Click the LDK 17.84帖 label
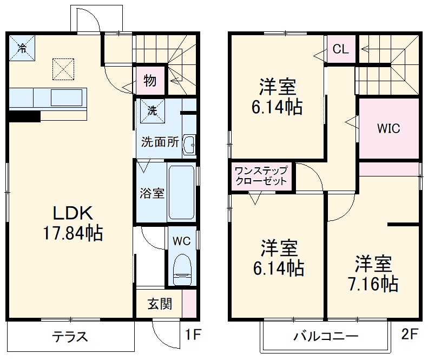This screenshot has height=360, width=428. (73, 222)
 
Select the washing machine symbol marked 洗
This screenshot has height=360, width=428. (152, 110)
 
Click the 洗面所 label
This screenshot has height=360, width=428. (160, 142)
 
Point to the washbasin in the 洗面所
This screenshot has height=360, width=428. (188, 145)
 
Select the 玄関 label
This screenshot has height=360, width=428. (160, 304)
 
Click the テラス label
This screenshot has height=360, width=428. (70, 337)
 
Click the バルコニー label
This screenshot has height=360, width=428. (326, 337)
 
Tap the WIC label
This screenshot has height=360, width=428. (389, 129)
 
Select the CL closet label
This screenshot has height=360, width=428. (340, 50)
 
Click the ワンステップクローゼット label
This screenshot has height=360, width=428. (261, 176)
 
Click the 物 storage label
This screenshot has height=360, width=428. (150, 81)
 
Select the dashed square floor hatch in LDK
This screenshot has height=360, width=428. (63, 68)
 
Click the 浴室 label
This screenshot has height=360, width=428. (152, 193)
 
